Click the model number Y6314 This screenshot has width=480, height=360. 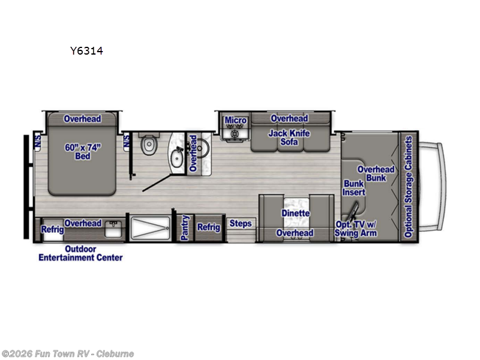click(x=86, y=51)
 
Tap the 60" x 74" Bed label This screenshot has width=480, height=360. click(x=82, y=151)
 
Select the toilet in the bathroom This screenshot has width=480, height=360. click(x=148, y=145)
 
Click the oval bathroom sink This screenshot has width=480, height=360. click(x=176, y=158)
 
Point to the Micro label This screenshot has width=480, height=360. click(x=236, y=120)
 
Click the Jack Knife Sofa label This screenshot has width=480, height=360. click(x=289, y=137)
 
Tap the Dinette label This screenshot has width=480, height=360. click(x=295, y=213)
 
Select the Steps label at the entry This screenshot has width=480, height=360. click(x=241, y=224)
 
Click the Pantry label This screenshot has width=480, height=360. click(x=185, y=226)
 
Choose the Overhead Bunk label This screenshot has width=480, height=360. click(x=376, y=173)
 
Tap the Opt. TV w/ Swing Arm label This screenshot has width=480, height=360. click(x=356, y=229)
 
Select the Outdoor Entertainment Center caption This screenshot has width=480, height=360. click(x=80, y=253)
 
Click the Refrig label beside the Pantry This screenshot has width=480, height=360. click(x=209, y=227)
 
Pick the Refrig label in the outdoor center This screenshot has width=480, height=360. click(x=52, y=229)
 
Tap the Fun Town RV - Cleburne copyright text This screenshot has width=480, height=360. click(x=67, y=353)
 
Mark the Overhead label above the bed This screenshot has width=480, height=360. click(x=82, y=119)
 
